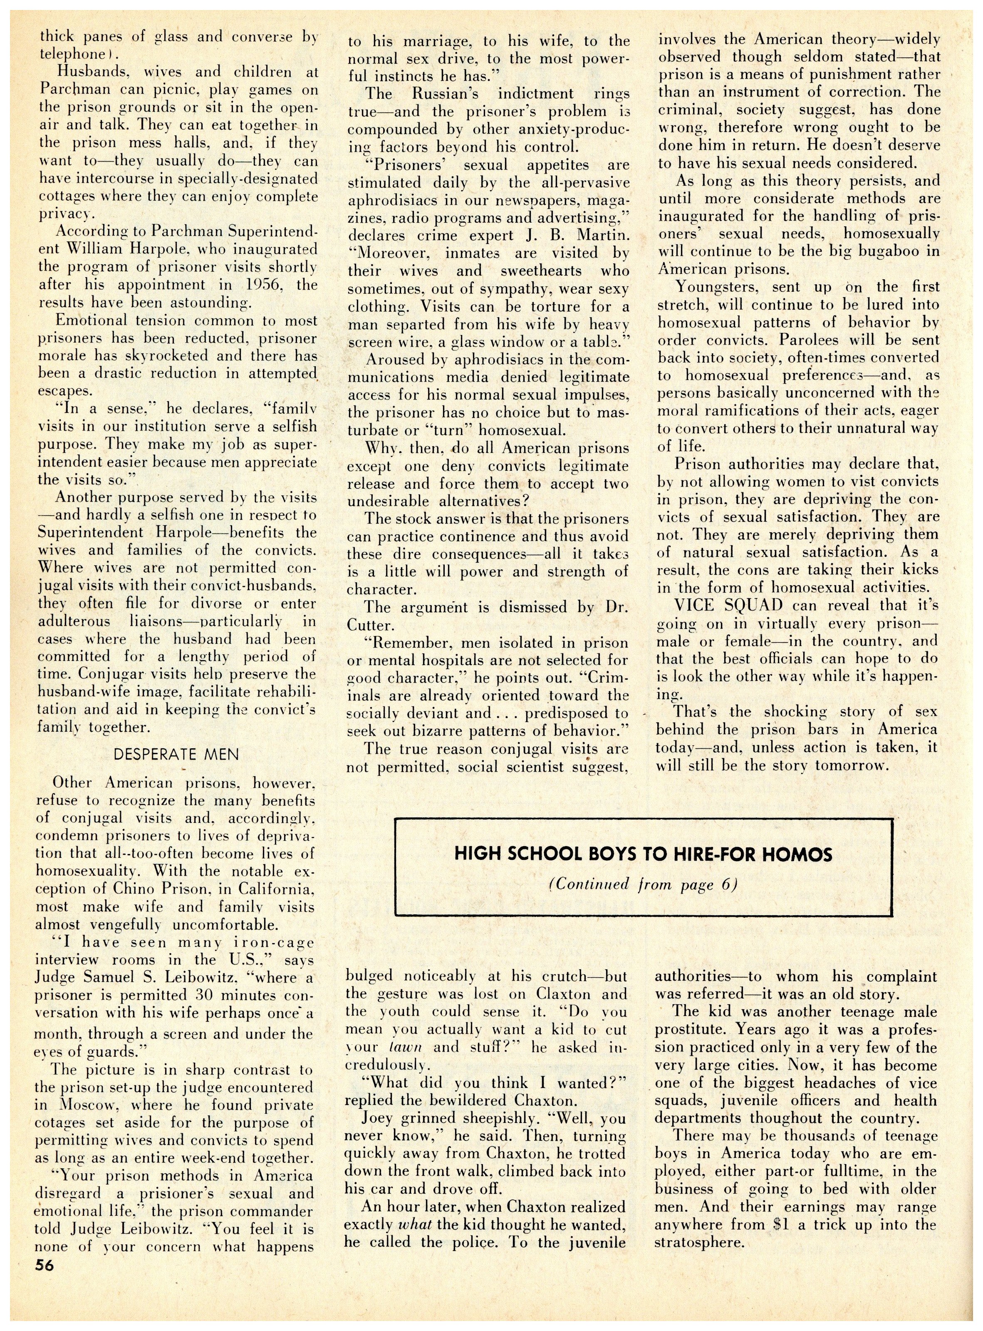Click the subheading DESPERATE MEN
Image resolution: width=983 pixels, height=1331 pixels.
[176, 755]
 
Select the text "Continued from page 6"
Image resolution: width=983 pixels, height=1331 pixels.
[643, 884]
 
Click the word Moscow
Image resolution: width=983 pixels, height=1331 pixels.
[87, 1105]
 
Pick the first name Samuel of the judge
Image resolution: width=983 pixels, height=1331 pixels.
[141, 977]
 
